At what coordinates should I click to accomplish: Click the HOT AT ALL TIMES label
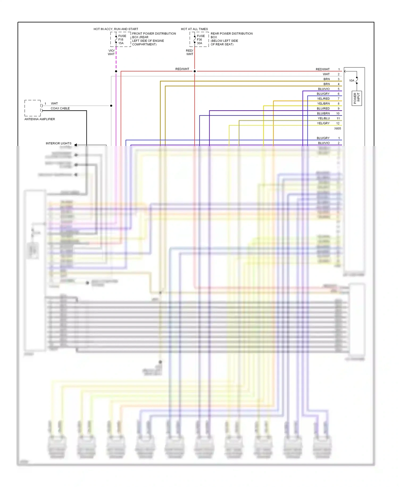click(194, 29)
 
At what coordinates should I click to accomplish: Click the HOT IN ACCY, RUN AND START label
click(116, 29)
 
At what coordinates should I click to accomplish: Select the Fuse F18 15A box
click(121, 39)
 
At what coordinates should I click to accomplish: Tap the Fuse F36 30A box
click(199, 39)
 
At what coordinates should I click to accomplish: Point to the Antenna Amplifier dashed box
click(32, 108)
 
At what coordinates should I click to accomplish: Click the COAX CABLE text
click(60, 108)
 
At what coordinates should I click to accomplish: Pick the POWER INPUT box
click(356, 98)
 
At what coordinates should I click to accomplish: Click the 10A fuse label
click(352, 80)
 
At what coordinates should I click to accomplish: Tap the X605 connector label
click(337, 128)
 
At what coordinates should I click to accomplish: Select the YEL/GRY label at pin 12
click(323, 123)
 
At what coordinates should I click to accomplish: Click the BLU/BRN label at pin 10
click(323, 113)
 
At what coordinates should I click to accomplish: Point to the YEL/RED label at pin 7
click(323, 99)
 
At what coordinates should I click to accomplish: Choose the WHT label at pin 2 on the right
click(326, 74)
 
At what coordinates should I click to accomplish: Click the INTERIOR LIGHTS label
click(59, 143)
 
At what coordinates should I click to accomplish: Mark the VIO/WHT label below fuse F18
click(111, 52)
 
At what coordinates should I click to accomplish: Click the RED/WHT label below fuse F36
click(190, 52)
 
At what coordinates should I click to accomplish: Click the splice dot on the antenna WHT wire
click(111, 106)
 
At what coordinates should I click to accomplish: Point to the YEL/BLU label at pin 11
click(323, 118)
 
